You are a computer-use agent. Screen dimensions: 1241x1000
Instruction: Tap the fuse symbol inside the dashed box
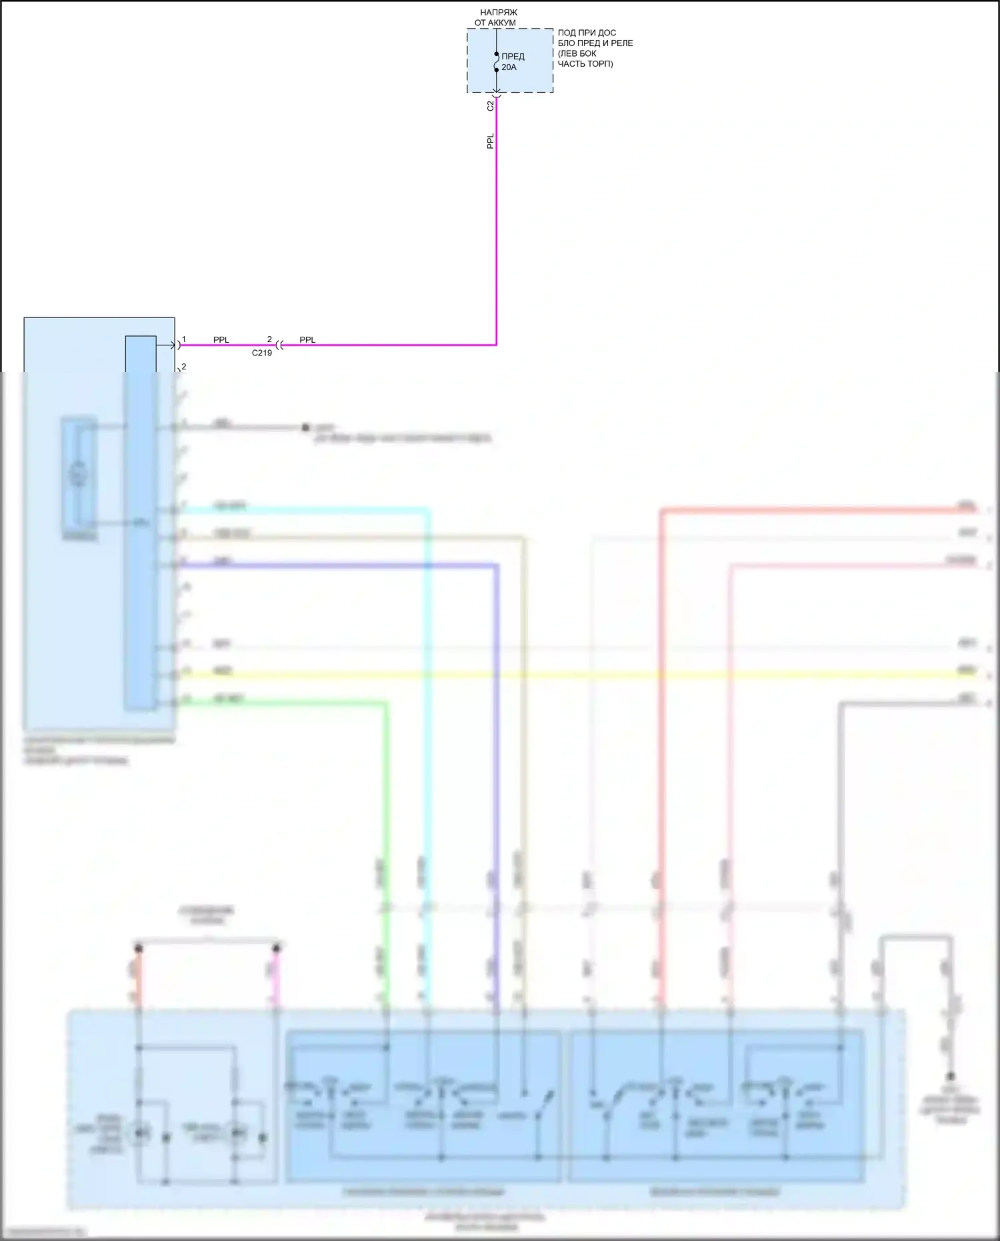497,62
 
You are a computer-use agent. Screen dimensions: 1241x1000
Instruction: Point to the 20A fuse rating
509,67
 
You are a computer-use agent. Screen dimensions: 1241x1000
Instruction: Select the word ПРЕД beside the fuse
513,57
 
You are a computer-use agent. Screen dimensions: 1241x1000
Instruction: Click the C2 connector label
491,105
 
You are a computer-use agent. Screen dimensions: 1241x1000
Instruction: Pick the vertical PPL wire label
491,141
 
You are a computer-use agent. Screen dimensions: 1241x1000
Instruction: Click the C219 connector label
262,353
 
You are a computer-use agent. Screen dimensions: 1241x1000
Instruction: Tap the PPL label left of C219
221,340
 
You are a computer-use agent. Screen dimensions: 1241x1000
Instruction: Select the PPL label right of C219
307,340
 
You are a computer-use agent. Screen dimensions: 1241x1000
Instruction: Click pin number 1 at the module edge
184,339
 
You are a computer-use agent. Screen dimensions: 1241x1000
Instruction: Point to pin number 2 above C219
269,339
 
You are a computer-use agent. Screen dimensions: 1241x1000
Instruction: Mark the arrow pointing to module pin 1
167,345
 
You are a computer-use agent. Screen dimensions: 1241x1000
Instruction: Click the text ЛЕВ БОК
578,53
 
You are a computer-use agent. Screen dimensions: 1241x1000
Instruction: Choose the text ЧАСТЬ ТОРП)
585,64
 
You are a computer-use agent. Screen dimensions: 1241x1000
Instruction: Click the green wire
385,800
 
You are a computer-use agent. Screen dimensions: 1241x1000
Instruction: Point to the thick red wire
662,734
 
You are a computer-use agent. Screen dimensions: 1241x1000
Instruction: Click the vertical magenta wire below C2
497,233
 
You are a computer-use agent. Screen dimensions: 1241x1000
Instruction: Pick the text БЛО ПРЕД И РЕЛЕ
595,43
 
